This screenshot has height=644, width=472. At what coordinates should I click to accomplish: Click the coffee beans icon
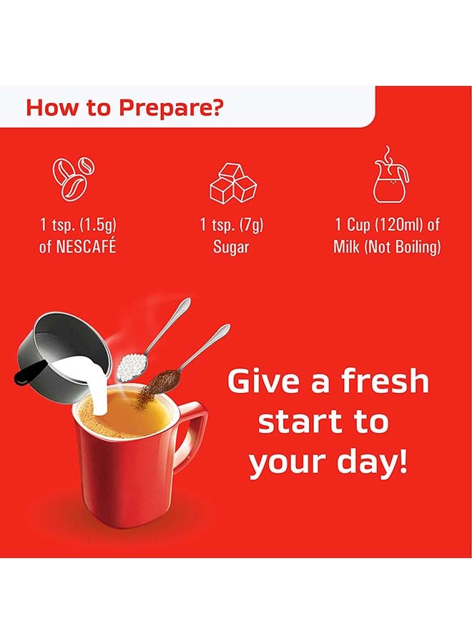coord(74,179)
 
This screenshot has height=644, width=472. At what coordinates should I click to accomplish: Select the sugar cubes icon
coord(232,183)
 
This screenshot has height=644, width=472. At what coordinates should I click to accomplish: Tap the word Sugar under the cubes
coord(232,247)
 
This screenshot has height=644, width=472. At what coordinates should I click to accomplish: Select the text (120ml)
coord(399,225)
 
